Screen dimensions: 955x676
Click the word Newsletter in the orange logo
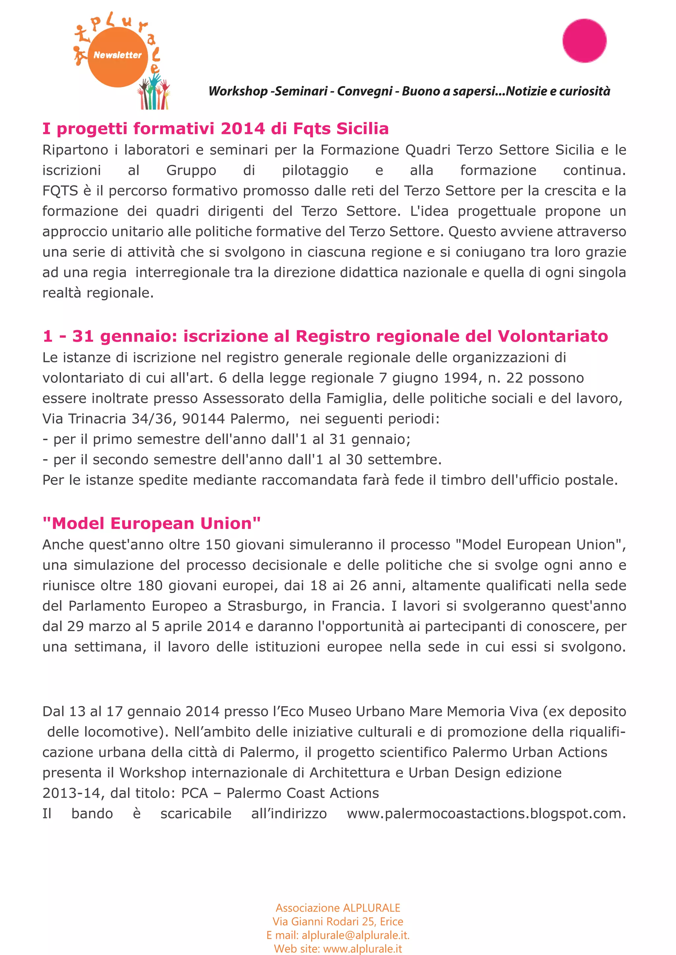tap(118, 55)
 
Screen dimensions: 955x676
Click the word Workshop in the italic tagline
tap(238, 91)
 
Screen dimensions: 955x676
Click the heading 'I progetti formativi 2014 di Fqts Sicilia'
tap(215, 129)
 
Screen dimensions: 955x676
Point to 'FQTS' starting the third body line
tap(60, 191)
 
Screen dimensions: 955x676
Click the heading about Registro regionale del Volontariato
tap(325, 336)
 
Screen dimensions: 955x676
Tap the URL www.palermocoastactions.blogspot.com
tap(486, 814)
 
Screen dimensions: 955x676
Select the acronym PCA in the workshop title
tap(194, 793)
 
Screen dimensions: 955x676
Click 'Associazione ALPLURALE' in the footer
tap(338, 908)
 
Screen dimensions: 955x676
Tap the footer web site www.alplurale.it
tap(362, 949)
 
